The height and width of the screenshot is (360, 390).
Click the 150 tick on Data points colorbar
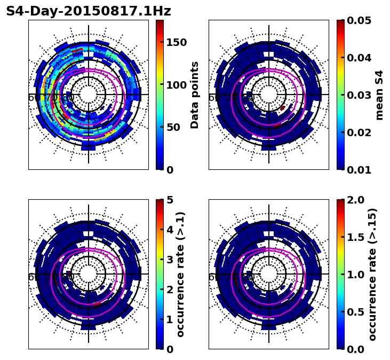177,43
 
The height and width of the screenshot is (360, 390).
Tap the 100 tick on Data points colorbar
177,85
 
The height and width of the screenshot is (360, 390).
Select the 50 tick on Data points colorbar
173,127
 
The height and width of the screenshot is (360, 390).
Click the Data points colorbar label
195,95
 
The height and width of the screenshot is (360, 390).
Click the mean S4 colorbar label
379,95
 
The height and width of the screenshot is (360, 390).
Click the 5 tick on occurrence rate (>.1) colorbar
170,200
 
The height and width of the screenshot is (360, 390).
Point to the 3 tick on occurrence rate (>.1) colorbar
170,260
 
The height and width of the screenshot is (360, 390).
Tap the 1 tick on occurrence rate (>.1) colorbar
170,319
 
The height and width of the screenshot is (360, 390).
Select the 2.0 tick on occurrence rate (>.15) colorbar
355,200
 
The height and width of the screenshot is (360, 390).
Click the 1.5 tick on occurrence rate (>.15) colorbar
355,237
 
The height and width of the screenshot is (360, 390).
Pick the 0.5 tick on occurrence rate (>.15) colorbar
355,312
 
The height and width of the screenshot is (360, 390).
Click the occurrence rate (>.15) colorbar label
372,275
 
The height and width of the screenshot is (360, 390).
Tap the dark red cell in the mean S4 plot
282,108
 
